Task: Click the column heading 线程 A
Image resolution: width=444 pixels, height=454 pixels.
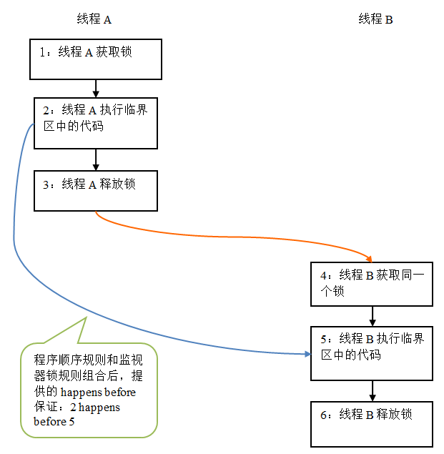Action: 94,20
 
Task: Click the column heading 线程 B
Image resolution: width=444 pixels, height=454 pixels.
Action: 375,20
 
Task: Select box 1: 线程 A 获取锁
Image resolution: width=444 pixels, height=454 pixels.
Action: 96,59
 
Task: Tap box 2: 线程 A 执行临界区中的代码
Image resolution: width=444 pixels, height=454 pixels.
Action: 96,123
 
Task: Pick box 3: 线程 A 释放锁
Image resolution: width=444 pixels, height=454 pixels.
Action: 96,190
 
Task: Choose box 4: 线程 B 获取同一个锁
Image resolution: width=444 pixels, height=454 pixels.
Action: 371,283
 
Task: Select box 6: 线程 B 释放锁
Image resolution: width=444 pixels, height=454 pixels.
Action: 371,423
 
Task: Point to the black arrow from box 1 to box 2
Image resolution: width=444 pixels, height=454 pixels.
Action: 96,88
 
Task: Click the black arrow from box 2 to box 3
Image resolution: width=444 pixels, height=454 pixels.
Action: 96,159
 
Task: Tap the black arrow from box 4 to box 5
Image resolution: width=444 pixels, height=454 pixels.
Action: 372,315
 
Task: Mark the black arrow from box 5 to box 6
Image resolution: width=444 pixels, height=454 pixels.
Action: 372,390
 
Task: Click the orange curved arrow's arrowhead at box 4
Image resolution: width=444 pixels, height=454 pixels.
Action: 369,258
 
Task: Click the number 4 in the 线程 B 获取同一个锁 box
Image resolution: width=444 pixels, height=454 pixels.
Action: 323,275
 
